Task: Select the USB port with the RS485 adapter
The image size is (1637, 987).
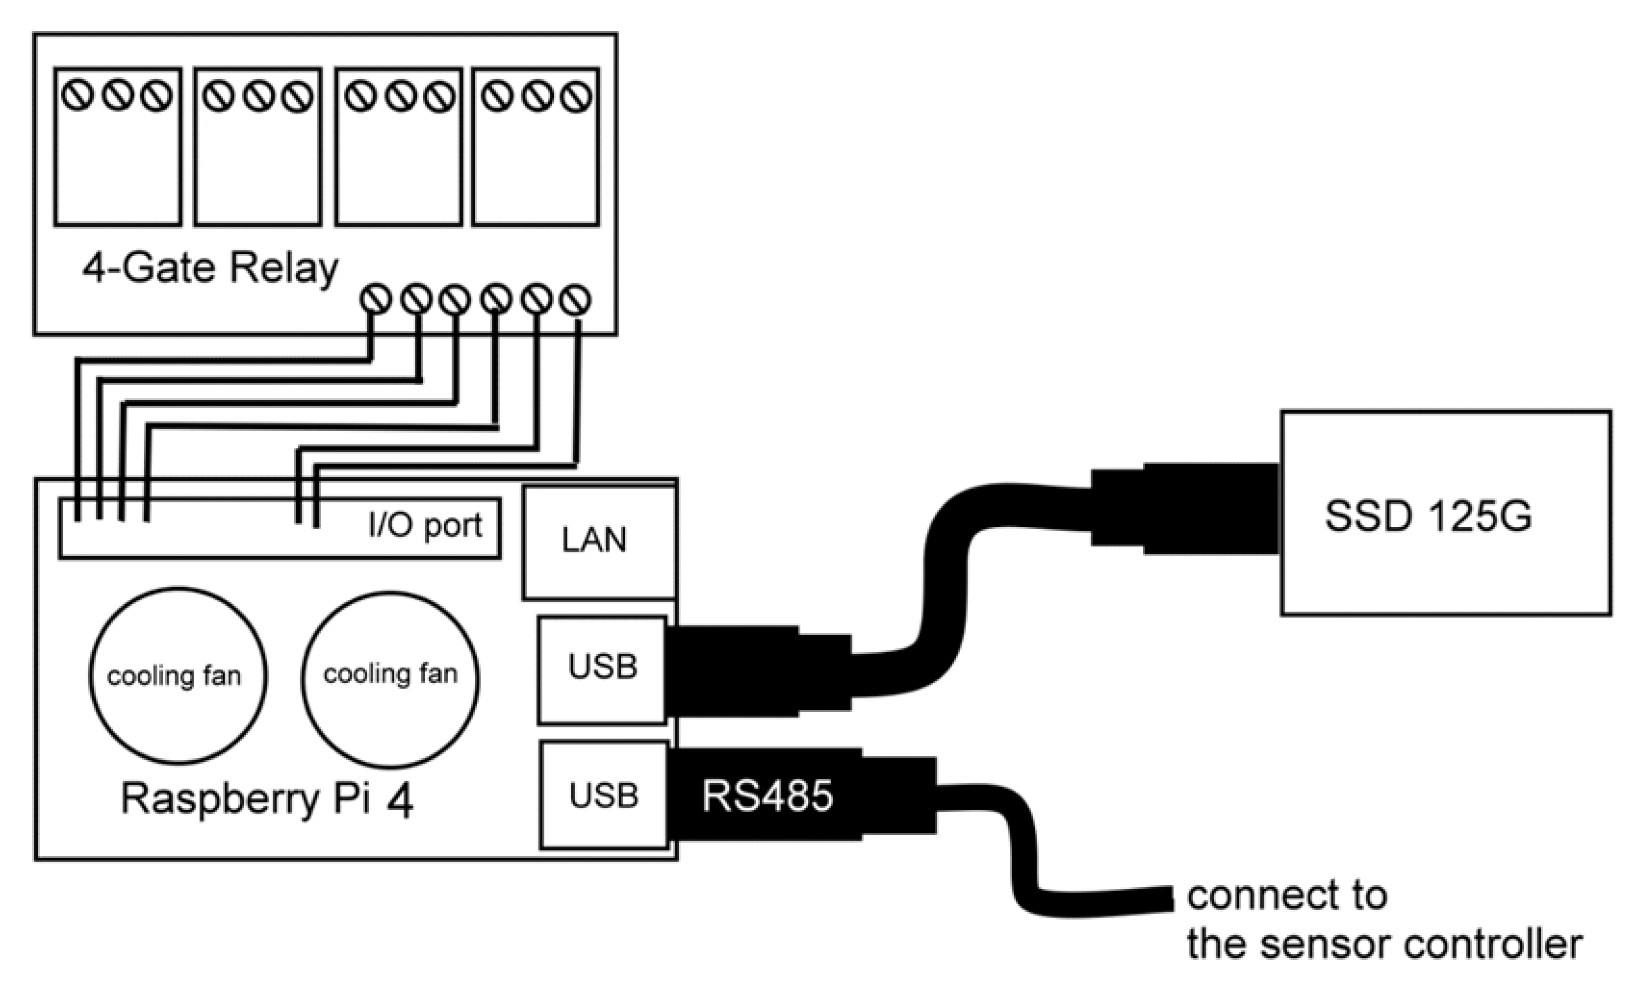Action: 603,795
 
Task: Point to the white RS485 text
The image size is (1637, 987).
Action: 767,796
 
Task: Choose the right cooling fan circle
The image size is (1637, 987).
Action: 390,679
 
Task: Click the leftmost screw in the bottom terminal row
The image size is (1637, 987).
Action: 375,299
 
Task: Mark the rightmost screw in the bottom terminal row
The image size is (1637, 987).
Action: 575,300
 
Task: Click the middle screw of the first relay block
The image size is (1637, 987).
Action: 118,96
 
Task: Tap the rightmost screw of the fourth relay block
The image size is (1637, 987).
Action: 576,97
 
